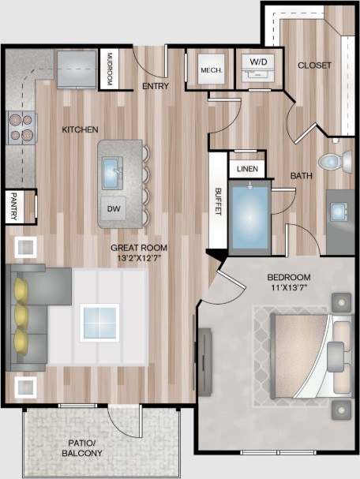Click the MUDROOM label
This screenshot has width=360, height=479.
(x=110, y=70)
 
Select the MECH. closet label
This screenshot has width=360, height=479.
(x=211, y=70)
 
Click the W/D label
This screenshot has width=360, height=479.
(x=258, y=62)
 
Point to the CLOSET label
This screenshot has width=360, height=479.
(x=314, y=65)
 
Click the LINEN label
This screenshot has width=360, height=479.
(x=245, y=169)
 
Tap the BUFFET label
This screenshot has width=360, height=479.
(x=219, y=200)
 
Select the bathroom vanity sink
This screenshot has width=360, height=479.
(x=342, y=211)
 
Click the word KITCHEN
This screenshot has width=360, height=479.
(x=81, y=129)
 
